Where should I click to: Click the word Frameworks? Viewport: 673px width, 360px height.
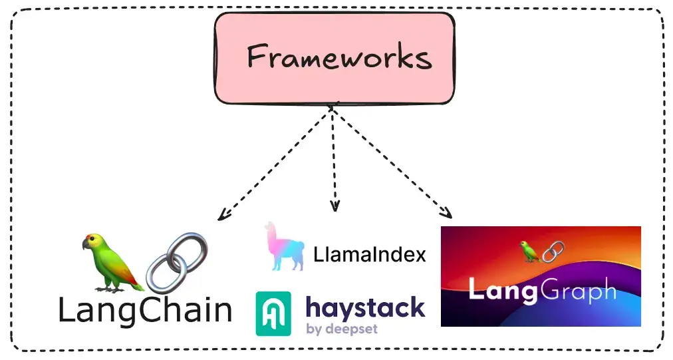(x=339, y=58)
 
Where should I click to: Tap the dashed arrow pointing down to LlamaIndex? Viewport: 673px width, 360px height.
(x=334, y=160)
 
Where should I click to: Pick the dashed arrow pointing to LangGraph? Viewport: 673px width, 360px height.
(x=392, y=163)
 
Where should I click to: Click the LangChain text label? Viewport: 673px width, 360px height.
(x=145, y=310)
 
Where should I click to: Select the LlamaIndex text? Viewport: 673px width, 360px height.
(x=369, y=254)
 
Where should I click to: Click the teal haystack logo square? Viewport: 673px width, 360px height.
(x=273, y=313)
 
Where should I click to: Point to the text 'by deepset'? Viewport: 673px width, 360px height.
(x=342, y=328)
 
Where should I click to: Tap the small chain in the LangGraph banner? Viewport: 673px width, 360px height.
(x=553, y=252)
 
